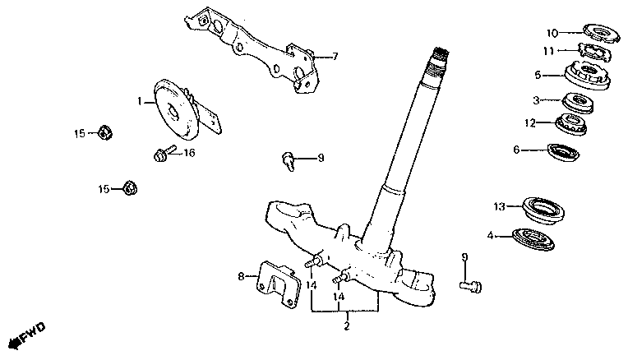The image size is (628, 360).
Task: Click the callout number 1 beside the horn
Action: coord(140,102)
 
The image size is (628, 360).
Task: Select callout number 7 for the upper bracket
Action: coord(335,57)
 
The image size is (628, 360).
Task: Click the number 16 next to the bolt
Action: coord(188,153)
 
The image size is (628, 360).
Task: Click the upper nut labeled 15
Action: coord(104,132)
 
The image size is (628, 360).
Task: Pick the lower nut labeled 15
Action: coord(128,189)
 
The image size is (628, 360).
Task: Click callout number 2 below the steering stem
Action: coord(346,327)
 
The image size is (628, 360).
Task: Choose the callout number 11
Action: coord(548,51)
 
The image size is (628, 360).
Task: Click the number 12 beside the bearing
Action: coord(531,123)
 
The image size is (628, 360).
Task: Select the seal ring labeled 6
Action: coord(562,151)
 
